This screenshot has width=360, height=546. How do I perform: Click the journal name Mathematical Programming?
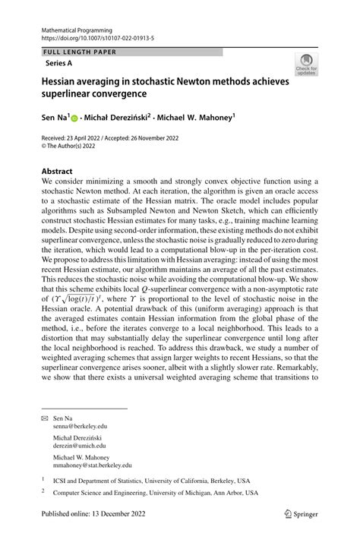(x=76, y=27)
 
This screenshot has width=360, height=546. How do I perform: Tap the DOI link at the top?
(x=93, y=36)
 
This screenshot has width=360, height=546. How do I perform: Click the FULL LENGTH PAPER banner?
(x=68, y=52)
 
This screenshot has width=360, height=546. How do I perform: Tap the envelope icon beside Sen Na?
(x=46, y=418)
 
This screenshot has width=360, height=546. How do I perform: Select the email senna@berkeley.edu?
(x=87, y=427)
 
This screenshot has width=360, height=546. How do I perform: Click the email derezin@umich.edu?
(x=89, y=447)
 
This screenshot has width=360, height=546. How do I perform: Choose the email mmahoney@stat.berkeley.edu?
(x=99, y=466)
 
